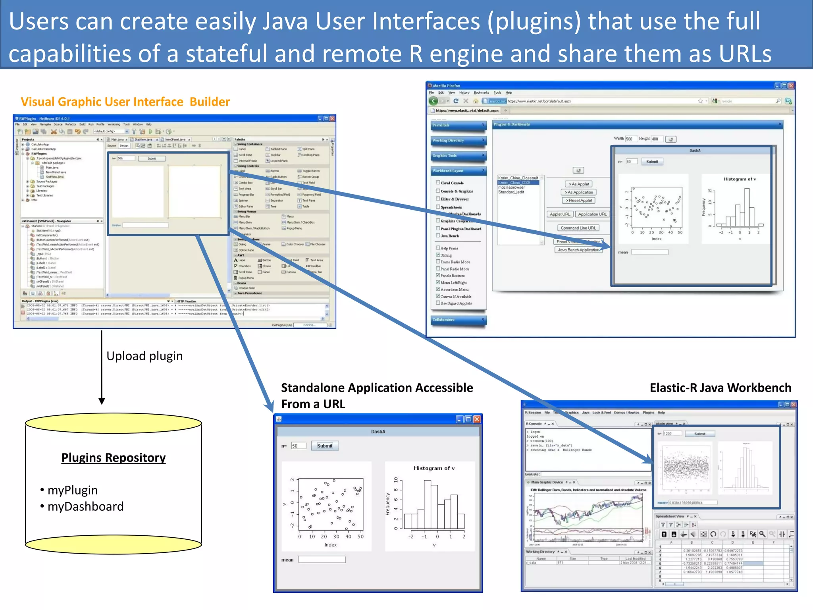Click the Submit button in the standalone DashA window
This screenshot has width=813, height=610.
tap(325, 446)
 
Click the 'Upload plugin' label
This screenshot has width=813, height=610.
tap(144, 356)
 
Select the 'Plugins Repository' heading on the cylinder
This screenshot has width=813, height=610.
tap(114, 457)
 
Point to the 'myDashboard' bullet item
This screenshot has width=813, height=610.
tap(85, 506)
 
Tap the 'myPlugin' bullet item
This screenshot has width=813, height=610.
tap(72, 490)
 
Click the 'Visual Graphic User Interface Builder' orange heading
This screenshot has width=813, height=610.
tap(125, 102)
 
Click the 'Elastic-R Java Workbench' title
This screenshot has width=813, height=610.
tap(720, 388)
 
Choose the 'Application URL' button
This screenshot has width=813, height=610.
tap(592, 214)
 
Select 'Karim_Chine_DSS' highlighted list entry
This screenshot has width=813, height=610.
tap(514, 183)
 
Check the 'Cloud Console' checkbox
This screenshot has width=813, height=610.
tap(438, 183)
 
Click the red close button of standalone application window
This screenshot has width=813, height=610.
tap(477, 419)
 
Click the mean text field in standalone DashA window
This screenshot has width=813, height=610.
tap(322, 560)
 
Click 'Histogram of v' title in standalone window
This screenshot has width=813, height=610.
tap(434, 468)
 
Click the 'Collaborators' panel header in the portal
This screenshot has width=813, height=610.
tap(458, 320)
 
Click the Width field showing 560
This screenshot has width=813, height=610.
tap(631, 139)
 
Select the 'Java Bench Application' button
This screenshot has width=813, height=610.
tap(578, 250)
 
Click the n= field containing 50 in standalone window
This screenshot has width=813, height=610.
tap(298, 446)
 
